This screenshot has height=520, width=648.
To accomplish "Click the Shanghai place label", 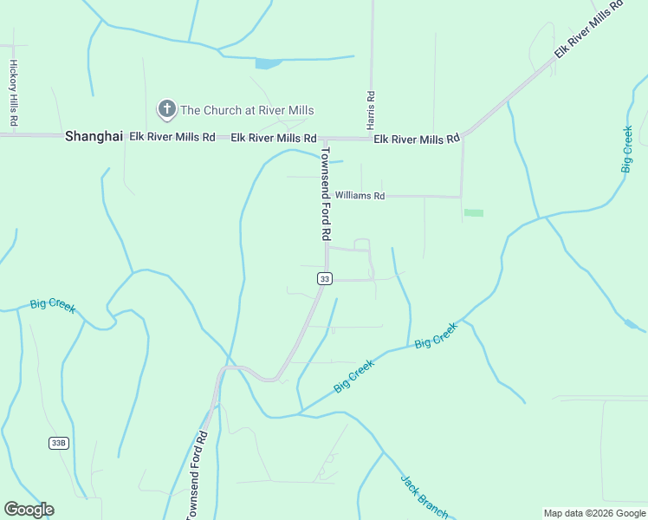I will [x=94, y=137].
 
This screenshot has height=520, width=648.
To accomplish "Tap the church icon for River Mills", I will [x=165, y=109].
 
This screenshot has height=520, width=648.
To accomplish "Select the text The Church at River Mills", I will [x=247, y=110].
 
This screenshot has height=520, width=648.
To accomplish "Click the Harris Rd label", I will [x=370, y=109].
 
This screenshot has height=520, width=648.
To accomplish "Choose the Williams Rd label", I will [x=360, y=196].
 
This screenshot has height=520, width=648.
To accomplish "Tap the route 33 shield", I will [x=324, y=278].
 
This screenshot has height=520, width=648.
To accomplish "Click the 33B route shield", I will [x=58, y=443].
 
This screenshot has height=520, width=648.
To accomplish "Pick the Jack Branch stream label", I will [x=424, y=497].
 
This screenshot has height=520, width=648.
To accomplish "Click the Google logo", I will [x=29, y=510].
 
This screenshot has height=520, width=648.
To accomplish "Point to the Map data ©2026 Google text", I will [x=595, y=513].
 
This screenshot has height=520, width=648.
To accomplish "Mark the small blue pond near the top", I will [x=268, y=63].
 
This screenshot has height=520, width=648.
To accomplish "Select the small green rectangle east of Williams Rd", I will [x=473, y=212].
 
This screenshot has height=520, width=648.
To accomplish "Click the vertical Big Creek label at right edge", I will [x=626, y=149].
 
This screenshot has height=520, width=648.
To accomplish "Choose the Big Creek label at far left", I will [x=53, y=305].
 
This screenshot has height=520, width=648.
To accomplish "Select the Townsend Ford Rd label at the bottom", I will [x=198, y=476].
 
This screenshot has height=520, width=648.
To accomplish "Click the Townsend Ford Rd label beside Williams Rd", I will [x=326, y=193].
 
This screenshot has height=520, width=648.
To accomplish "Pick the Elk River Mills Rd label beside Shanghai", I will [x=172, y=137].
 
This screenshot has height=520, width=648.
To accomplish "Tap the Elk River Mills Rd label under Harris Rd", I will [x=416, y=140].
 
